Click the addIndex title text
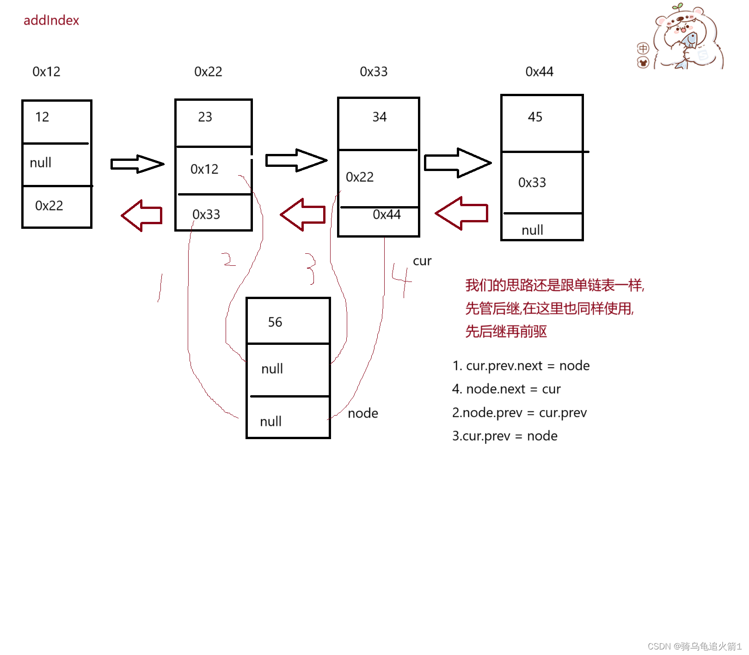click(51, 20)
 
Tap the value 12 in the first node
click(42, 117)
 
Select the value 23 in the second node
click(205, 117)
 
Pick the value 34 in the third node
click(379, 117)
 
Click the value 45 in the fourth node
click(535, 117)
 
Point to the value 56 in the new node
click(275, 322)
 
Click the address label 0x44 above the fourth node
click(539, 72)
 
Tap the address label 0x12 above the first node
click(46, 72)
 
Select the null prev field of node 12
click(41, 163)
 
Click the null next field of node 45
click(532, 230)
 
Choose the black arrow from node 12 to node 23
click(137, 164)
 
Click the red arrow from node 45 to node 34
click(461, 213)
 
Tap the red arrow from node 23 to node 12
click(142, 215)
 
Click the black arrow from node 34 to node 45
click(457, 163)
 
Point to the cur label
click(422, 261)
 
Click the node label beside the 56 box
click(363, 413)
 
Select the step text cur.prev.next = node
click(521, 366)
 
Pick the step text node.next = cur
click(506, 389)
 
